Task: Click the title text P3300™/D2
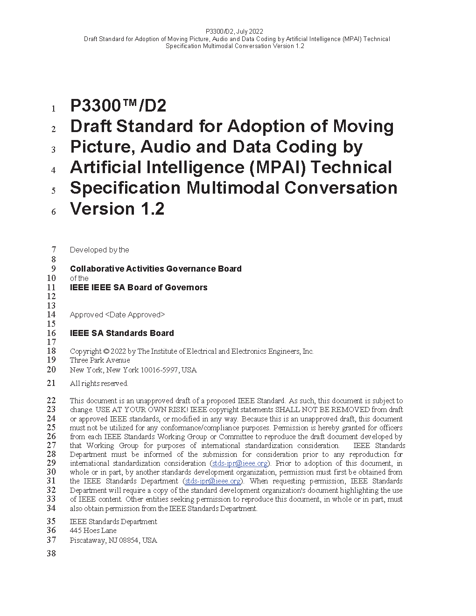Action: click(118, 106)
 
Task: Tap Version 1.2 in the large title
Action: click(117, 209)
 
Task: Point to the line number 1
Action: click(54, 109)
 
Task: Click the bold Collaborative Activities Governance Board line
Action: click(155, 269)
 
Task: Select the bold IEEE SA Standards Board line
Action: click(122, 333)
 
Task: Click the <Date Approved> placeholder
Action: click(135, 315)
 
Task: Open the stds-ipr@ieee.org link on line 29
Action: click(240, 463)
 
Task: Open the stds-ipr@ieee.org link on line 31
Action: click(213, 481)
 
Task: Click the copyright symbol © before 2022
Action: click(106, 351)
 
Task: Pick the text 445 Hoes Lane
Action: click(93, 531)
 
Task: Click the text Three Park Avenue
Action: click(100, 360)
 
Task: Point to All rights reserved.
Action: click(99, 384)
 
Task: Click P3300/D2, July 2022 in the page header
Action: click(234, 32)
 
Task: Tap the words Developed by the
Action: click(99, 250)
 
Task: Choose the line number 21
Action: click(51, 383)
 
